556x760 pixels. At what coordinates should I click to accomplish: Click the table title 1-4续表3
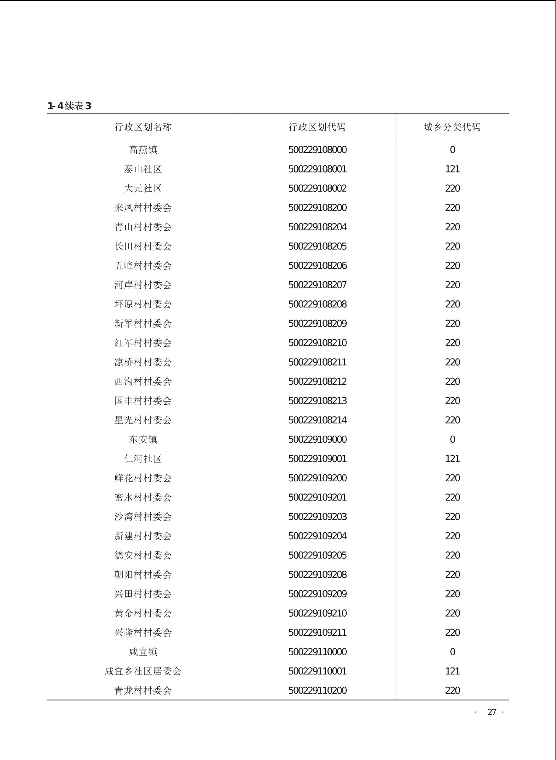(69, 106)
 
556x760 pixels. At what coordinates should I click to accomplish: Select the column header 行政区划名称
(143, 127)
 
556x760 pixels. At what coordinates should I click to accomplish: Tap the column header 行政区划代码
(317, 127)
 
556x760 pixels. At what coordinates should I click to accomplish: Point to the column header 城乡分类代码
(452, 127)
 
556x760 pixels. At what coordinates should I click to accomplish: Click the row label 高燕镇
(143, 150)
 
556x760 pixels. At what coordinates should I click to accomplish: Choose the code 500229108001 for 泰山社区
(317, 169)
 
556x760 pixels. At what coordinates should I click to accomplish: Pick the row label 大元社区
(143, 188)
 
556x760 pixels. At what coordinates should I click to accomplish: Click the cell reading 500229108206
(317, 266)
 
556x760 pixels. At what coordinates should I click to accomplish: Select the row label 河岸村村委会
(143, 285)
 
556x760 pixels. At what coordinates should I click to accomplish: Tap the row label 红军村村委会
(143, 343)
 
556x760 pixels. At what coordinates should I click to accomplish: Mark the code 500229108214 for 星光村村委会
(317, 420)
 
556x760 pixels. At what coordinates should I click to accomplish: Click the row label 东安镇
(143, 439)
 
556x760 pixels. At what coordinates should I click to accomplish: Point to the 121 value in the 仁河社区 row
(452, 459)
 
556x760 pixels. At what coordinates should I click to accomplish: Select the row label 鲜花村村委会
(143, 478)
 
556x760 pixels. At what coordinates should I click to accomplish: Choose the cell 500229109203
(317, 517)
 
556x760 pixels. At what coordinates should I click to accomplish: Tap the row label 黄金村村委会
(143, 613)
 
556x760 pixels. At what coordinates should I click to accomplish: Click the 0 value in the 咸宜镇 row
(452, 652)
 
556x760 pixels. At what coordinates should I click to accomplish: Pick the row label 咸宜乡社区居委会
(143, 671)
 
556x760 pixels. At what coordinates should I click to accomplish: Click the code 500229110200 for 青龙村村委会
(317, 690)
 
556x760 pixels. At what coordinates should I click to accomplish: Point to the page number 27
(492, 712)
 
